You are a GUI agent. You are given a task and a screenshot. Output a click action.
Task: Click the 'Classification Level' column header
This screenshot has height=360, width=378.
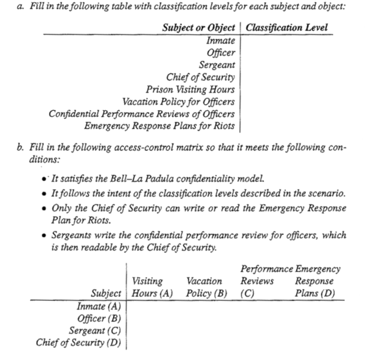pyautogui.click(x=286, y=28)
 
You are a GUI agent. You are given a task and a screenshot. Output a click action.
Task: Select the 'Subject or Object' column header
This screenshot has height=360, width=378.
pyautogui.click(x=198, y=28)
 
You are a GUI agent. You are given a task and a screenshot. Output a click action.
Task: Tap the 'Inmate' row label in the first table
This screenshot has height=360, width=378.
pyautogui.click(x=220, y=41)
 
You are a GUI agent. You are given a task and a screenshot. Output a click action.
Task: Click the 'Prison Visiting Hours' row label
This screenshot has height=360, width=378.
pyautogui.click(x=190, y=90)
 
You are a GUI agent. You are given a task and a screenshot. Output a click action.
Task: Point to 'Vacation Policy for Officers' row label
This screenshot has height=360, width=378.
pyautogui.click(x=178, y=102)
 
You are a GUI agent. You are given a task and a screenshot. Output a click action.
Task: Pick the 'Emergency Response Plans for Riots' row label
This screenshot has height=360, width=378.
pyautogui.click(x=159, y=126)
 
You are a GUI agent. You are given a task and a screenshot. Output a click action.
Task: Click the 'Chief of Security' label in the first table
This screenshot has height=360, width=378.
pyautogui.click(x=200, y=77)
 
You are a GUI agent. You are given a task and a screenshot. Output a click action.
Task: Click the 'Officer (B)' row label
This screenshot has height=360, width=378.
pyautogui.click(x=99, y=318)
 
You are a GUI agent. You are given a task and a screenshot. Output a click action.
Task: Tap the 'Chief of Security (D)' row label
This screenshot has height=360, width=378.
pyautogui.click(x=78, y=342)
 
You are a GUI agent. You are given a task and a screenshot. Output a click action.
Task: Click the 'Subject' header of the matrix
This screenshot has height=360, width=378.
pyautogui.click(x=106, y=293)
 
